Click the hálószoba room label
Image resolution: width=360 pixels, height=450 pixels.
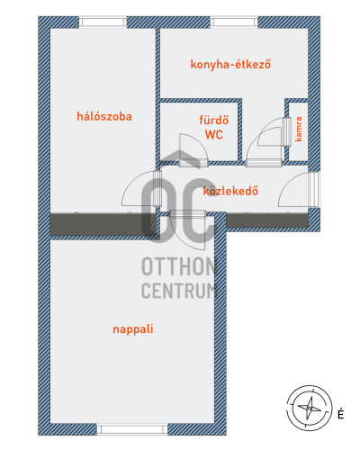click(104, 116)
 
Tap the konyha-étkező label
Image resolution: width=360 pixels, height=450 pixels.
click(230, 65)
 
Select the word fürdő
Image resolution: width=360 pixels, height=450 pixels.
click(214, 120)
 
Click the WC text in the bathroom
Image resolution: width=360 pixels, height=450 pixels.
click(214, 135)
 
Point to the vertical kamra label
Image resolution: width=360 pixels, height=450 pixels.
click(299, 130)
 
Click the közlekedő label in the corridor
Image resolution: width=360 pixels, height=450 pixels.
click(230, 191)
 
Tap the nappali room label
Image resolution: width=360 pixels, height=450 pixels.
click(133, 329)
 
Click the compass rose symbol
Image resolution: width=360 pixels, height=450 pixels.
click(310, 408)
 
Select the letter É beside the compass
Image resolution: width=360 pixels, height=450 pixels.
click(340, 414)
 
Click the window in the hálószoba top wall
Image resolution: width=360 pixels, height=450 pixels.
click(103, 22)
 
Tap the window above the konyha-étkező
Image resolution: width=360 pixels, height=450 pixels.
click(234, 22)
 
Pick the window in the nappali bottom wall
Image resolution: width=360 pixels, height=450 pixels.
click(132, 429)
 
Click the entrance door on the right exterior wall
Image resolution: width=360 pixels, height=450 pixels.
click(299, 190)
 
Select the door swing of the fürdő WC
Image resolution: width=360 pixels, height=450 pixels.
click(193, 150)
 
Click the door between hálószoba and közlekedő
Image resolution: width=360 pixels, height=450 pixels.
click(141, 188)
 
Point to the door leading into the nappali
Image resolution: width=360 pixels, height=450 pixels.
click(187, 230)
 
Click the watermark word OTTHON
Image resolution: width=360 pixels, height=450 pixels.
click(178, 266)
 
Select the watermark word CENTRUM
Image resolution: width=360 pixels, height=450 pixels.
click(178, 291)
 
